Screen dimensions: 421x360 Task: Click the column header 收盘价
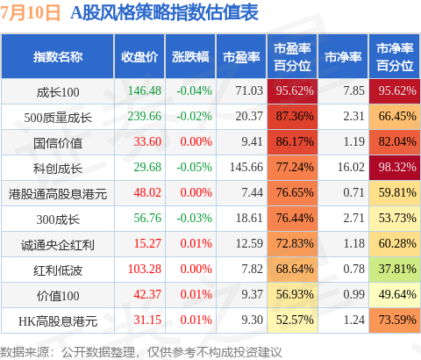click(139, 57)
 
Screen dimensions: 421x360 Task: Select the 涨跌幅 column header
click(190, 57)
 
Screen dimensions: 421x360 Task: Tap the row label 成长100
click(58, 92)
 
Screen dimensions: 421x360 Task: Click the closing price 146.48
click(145, 90)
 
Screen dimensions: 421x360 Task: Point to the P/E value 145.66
click(246, 167)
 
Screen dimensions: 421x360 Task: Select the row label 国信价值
click(58, 143)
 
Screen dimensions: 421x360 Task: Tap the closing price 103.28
click(145, 269)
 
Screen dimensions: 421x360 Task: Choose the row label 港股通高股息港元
click(58, 194)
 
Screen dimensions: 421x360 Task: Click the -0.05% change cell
click(194, 167)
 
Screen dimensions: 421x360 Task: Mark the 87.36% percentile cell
click(292, 116)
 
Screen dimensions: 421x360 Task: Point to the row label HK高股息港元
click(58, 321)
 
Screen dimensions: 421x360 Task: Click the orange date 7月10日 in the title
click(30, 12)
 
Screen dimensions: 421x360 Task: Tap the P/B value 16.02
click(351, 167)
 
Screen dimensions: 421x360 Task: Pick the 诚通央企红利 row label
click(58, 245)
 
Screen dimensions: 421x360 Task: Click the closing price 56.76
click(147, 218)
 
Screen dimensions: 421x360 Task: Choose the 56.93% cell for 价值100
click(292, 294)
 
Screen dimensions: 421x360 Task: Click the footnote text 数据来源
click(25, 352)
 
